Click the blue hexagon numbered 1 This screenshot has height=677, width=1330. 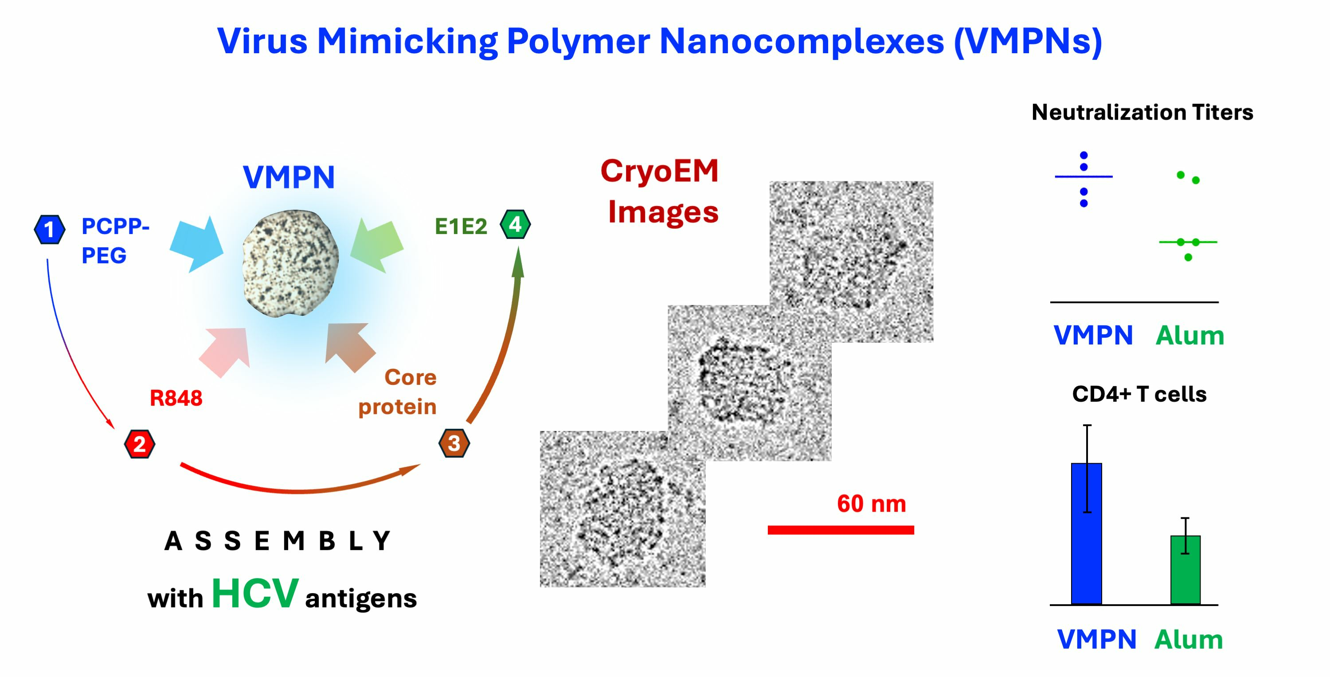tap(50, 229)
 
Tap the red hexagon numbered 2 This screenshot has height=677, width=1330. tap(139, 444)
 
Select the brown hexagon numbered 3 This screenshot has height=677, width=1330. tap(454, 443)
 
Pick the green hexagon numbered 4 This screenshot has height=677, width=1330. tap(515, 225)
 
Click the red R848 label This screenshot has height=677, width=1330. tap(176, 398)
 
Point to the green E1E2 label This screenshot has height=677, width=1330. tap(461, 227)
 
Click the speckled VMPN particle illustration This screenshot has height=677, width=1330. tap(291, 263)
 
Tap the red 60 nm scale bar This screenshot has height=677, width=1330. tap(841, 530)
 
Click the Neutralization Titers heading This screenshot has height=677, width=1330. tap(1142, 112)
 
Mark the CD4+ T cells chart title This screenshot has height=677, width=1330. tap(1139, 395)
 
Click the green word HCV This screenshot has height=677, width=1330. tap(255, 593)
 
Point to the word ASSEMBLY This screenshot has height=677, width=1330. tap(277, 541)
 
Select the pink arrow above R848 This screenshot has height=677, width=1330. tap(226, 352)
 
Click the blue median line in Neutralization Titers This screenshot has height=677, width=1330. tap(1083, 176)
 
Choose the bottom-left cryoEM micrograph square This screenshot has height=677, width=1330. tap(622, 509)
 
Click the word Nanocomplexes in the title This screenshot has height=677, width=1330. tap(801, 41)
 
